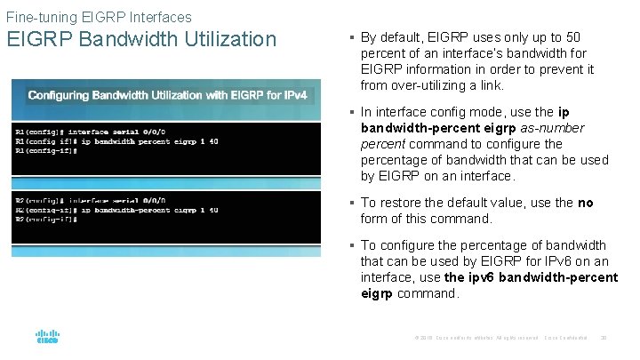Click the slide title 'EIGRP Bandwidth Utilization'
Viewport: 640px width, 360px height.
click(142, 39)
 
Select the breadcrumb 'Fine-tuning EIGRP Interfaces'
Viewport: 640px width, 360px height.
click(99, 16)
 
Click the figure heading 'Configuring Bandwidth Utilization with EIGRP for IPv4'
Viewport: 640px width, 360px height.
click(167, 95)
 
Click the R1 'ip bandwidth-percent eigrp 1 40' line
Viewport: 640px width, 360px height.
click(117, 141)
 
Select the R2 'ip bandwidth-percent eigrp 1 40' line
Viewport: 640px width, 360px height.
click(117, 210)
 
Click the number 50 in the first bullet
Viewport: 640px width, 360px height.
click(573, 37)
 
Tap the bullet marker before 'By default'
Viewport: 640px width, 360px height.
click(352, 37)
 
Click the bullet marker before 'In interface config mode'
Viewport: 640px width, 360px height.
click(352, 112)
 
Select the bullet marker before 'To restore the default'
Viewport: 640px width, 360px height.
click(352, 203)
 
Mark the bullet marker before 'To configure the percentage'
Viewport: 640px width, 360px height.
click(352, 245)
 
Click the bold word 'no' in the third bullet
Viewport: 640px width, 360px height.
click(585, 203)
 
